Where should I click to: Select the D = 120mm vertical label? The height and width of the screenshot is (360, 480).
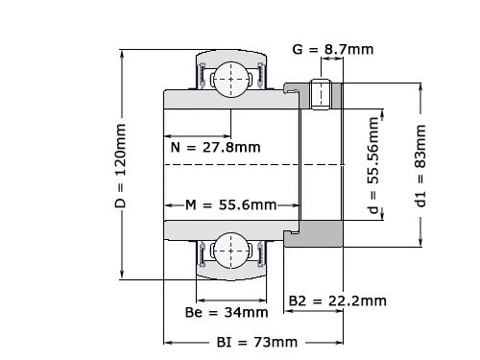tap(121, 165)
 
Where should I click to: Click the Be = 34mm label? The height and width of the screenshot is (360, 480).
tap(227, 312)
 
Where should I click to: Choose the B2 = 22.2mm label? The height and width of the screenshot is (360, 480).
tap(338, 300)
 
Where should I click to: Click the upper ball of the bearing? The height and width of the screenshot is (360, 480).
tap(229, 77)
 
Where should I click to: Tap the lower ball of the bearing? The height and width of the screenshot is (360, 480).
tap(229, 252)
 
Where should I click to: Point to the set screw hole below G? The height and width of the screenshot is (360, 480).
tap(323, 94)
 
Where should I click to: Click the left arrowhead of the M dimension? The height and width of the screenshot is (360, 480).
tap(167, 205)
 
